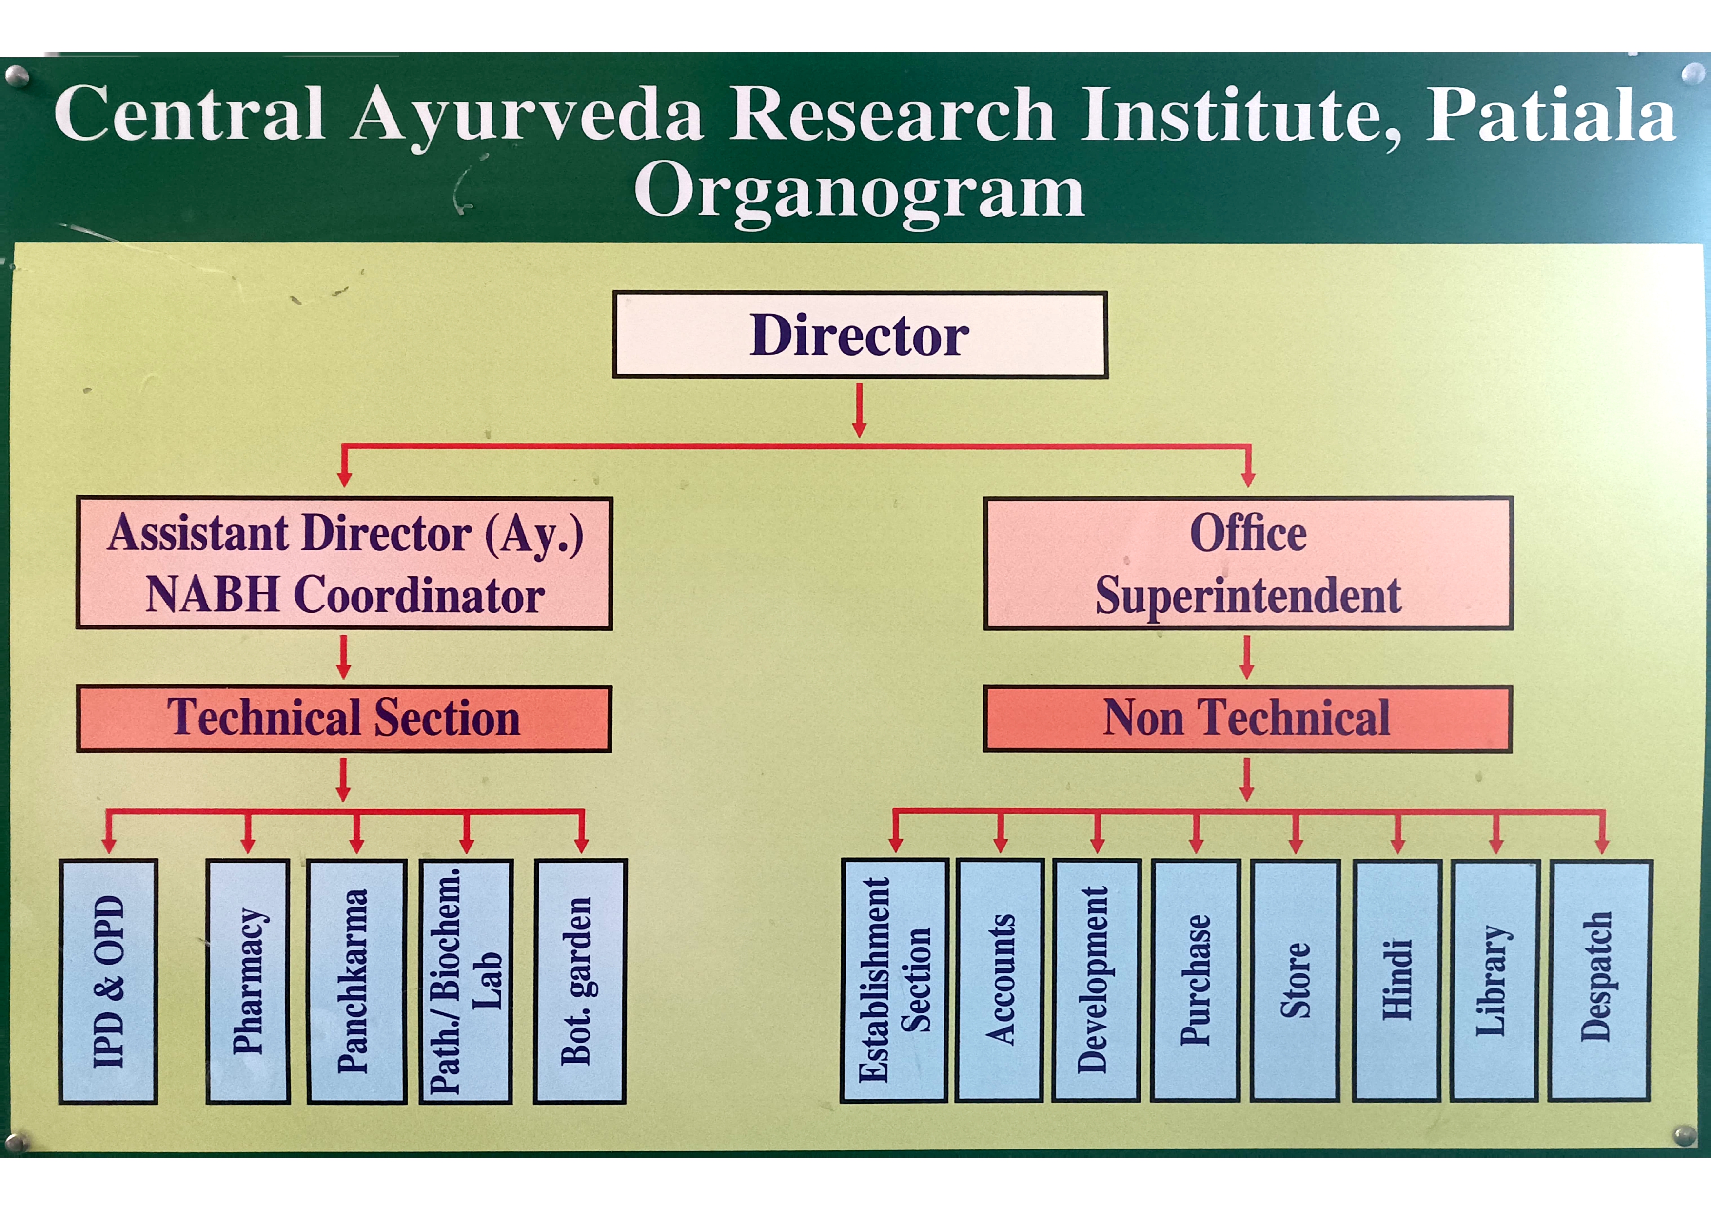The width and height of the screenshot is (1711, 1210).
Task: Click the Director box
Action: pos(859,335)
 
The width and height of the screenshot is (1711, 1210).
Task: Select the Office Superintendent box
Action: pos(1247,563)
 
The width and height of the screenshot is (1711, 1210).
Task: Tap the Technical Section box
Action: pos(344,718)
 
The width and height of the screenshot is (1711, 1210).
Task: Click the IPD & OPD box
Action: pos(108,981)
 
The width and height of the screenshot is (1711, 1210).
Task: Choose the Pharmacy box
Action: pos(247,981)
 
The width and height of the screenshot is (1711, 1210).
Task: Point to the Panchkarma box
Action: pos(356,981)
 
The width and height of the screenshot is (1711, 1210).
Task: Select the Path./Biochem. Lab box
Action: pos(466,981)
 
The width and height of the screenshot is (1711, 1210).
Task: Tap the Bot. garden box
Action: pos(580,981)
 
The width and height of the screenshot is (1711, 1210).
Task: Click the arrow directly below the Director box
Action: pos(859,410)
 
